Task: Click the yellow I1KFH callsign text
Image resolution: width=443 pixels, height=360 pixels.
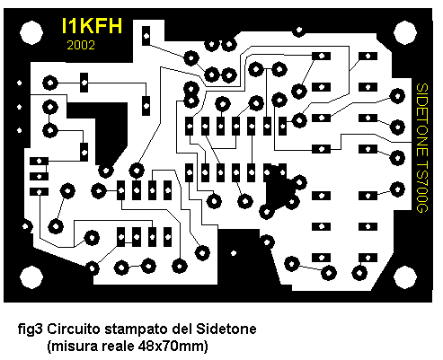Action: [x=92, y=26]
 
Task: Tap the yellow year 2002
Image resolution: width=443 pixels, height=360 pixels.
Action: [x=81, y=45]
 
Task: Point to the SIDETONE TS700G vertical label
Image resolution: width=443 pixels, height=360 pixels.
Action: [x=422, y=148]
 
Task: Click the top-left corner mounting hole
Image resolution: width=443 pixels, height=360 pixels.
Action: [x=31, y=32]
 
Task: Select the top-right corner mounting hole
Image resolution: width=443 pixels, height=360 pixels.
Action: [x=405, y=32]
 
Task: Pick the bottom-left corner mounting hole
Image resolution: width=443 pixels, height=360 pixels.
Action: [x=31, y=277]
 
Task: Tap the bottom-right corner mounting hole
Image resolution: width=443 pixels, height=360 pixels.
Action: [x=405, y=277]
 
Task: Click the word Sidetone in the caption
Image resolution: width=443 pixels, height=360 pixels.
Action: [x=226, y=329]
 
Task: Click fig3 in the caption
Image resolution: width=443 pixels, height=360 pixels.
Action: [x=31, y=329]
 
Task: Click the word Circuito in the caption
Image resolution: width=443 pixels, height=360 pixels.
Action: [x=74, y=329]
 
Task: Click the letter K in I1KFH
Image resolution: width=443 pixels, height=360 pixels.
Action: [x=86, y=26]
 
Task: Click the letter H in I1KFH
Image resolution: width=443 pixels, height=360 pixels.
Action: [x=115, y=26]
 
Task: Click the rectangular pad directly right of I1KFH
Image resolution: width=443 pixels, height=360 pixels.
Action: [x=146, y=36]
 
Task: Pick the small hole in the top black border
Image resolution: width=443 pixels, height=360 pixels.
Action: [x=299, y=31]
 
